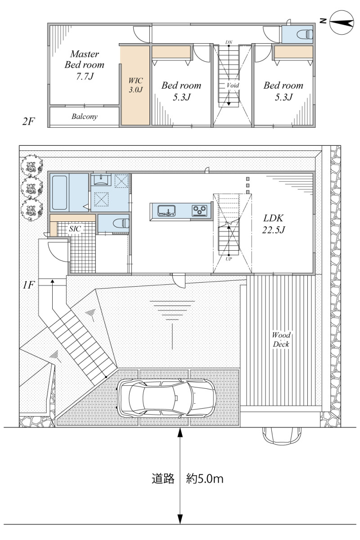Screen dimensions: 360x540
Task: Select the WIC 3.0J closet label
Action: click(x=135, y=85)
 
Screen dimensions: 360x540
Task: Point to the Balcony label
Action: click(x=85, y=117)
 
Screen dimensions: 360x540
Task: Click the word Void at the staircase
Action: click(x=233, y=85)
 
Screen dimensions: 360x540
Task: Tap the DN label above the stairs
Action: click(x=229, y=42)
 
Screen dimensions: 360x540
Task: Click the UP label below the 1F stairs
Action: click(x=229, y=259)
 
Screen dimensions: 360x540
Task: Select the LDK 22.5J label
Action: click(x=274, y=224)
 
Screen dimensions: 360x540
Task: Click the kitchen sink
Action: click(x=166, y=211)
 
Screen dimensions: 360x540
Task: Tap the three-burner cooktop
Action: click(x=199, y=211)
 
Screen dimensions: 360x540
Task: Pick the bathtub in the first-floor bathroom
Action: click(x=59, y=193)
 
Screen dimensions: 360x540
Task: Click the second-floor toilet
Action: click(x=305, y=34)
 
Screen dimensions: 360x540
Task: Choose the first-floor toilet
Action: click(x=121, y=223)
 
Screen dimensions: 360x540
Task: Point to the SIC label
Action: click(x=75, y=229)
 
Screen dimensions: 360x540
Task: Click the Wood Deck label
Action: click(x=281, y=339)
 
